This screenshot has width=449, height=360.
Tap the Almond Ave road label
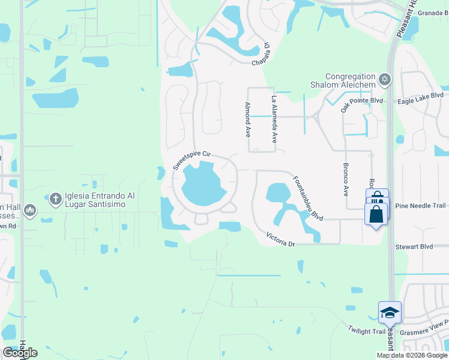click(247, 119)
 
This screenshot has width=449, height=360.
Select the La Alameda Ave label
click(274, 119)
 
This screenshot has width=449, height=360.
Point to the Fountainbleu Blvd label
click(308, 197)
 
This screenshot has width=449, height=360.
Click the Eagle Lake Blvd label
click(423, 95)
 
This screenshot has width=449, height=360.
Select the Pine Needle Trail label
click(420, 206)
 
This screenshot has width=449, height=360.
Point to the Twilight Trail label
click(366, 329)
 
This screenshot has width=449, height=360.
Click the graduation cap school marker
click(389, 311)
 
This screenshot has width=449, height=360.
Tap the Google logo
click(20, 353)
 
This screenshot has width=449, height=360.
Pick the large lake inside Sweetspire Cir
click(203, 183)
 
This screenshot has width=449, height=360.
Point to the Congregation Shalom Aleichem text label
click(350, 80)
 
